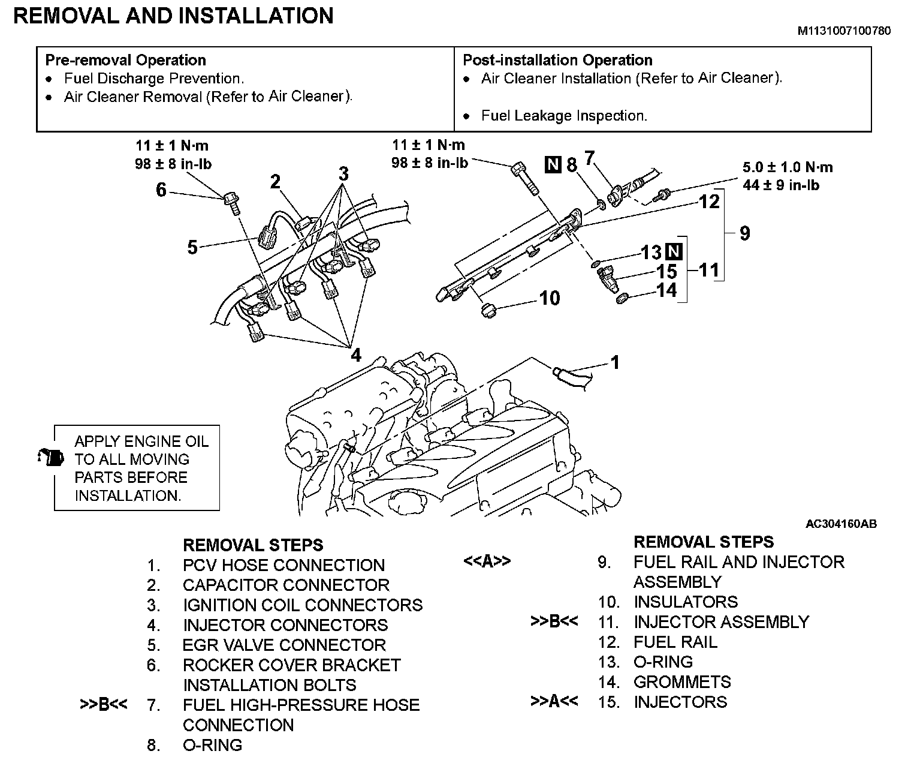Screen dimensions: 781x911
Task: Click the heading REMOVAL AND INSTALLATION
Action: [x=173, y=16]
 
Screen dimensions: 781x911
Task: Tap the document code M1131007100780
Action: [x=843, y=31]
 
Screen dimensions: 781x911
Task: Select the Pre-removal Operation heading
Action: [x=126, y=60]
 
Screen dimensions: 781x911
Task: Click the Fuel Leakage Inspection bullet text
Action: [x=564, y=116]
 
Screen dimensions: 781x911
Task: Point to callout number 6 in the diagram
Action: [x=161, y=190]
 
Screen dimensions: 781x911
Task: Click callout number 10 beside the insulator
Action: [x=550, y=298]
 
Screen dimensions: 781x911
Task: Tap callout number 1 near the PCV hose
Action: [x=615, y=362]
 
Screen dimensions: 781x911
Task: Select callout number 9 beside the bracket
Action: [x=744, y=233]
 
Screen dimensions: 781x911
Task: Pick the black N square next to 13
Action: [x=674, y=251]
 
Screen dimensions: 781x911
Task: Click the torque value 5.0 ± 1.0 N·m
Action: [x=788, y=167]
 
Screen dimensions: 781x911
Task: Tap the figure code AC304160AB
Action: [x=841, y=524]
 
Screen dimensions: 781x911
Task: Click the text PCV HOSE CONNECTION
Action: [x=283, y=565]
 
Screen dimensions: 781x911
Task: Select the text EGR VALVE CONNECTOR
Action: [x=284, y=645]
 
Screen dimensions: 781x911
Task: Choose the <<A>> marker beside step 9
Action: [x=487, y=561]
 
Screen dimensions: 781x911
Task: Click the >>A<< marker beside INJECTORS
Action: [x=554, y=701]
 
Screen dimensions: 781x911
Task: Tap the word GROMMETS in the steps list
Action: [x=682, y=681]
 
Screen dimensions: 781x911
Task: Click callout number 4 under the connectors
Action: [x=356, y=355]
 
